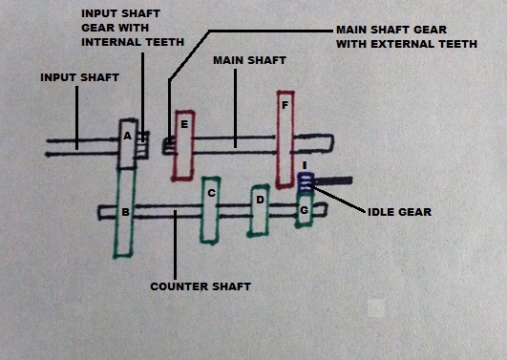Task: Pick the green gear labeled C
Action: (x=211, y=210)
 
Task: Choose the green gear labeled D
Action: (x=258, y=209)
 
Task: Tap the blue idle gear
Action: (x=306, y=181)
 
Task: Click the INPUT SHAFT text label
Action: (x=79, y=76)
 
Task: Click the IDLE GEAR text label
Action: (x=399, y=211)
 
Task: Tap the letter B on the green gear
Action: (x=124, y=211)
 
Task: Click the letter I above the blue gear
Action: (x=304, y=165)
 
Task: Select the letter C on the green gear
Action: (x=211, y=192)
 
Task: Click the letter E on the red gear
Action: (x=183, y=125)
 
